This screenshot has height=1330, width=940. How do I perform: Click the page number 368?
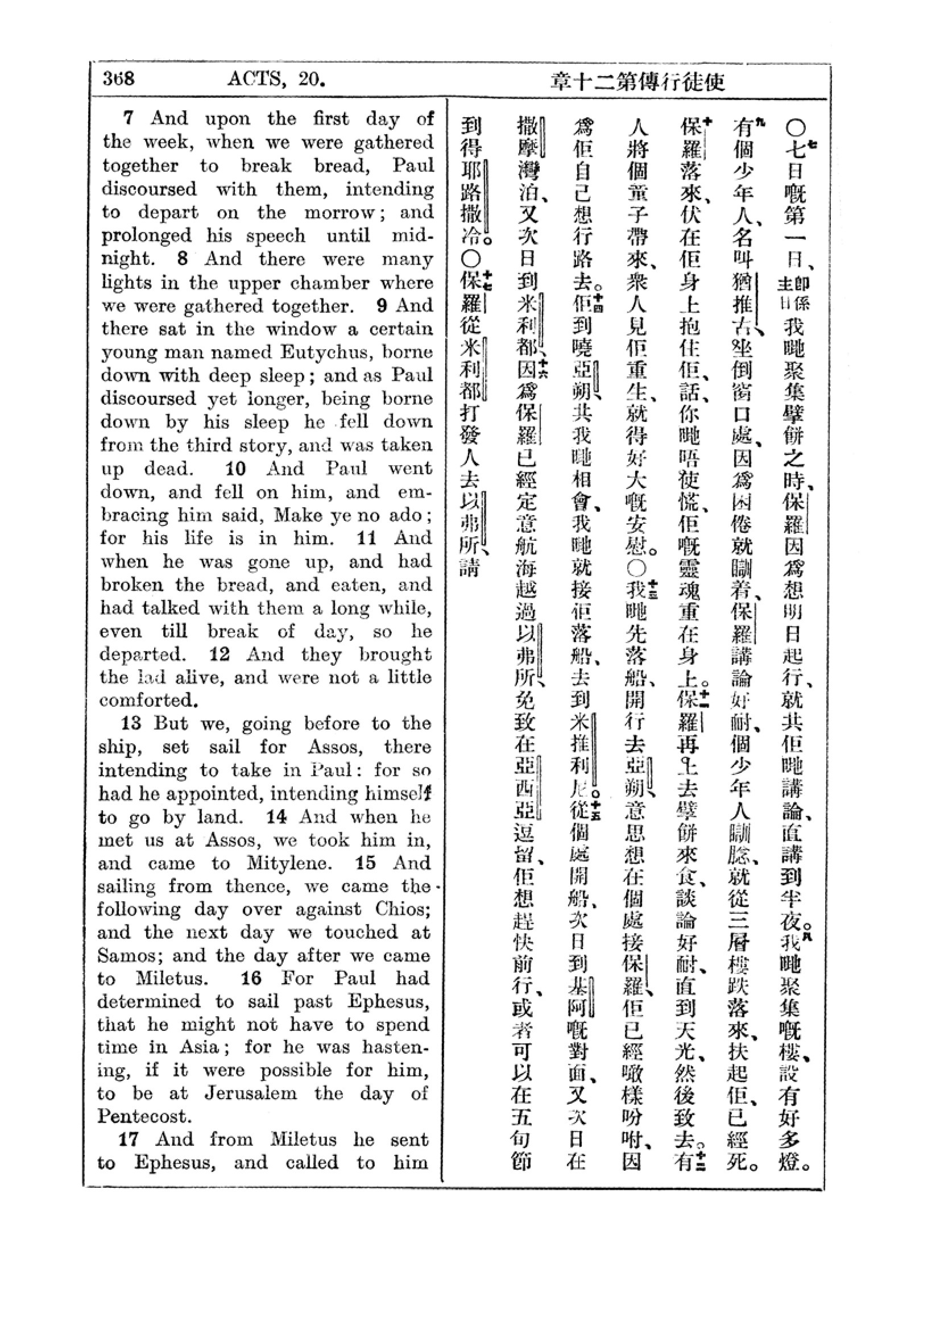[119, 78]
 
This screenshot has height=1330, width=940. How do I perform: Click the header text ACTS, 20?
[276, 78]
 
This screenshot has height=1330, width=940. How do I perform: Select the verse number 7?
[129, 118]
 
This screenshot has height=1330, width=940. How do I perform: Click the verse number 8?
[183, 258]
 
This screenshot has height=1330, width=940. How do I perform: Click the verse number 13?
[132, 723]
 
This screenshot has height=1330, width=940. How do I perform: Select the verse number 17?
[129, 1140]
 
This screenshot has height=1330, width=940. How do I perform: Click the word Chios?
[401, 909]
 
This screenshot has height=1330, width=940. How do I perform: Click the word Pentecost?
[144, 1116]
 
